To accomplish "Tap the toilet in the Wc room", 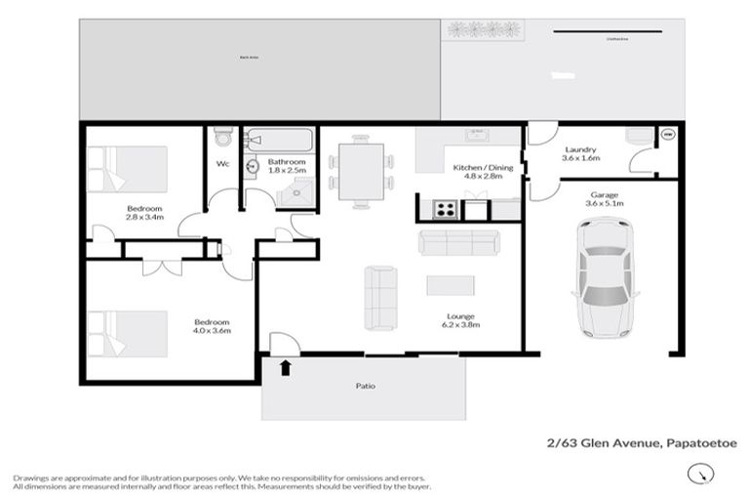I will click(222, 136).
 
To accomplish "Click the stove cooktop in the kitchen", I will click(444, 208).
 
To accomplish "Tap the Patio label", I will click(365, 386).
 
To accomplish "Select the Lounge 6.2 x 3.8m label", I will click(463, 320).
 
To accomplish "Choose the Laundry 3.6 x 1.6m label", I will click(580, 152).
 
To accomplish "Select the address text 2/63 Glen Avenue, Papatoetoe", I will click(642, 443).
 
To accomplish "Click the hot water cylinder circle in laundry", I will click(669, 134).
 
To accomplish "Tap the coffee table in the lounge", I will click(451, 285).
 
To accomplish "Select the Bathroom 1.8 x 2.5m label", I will click(288, 166).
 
